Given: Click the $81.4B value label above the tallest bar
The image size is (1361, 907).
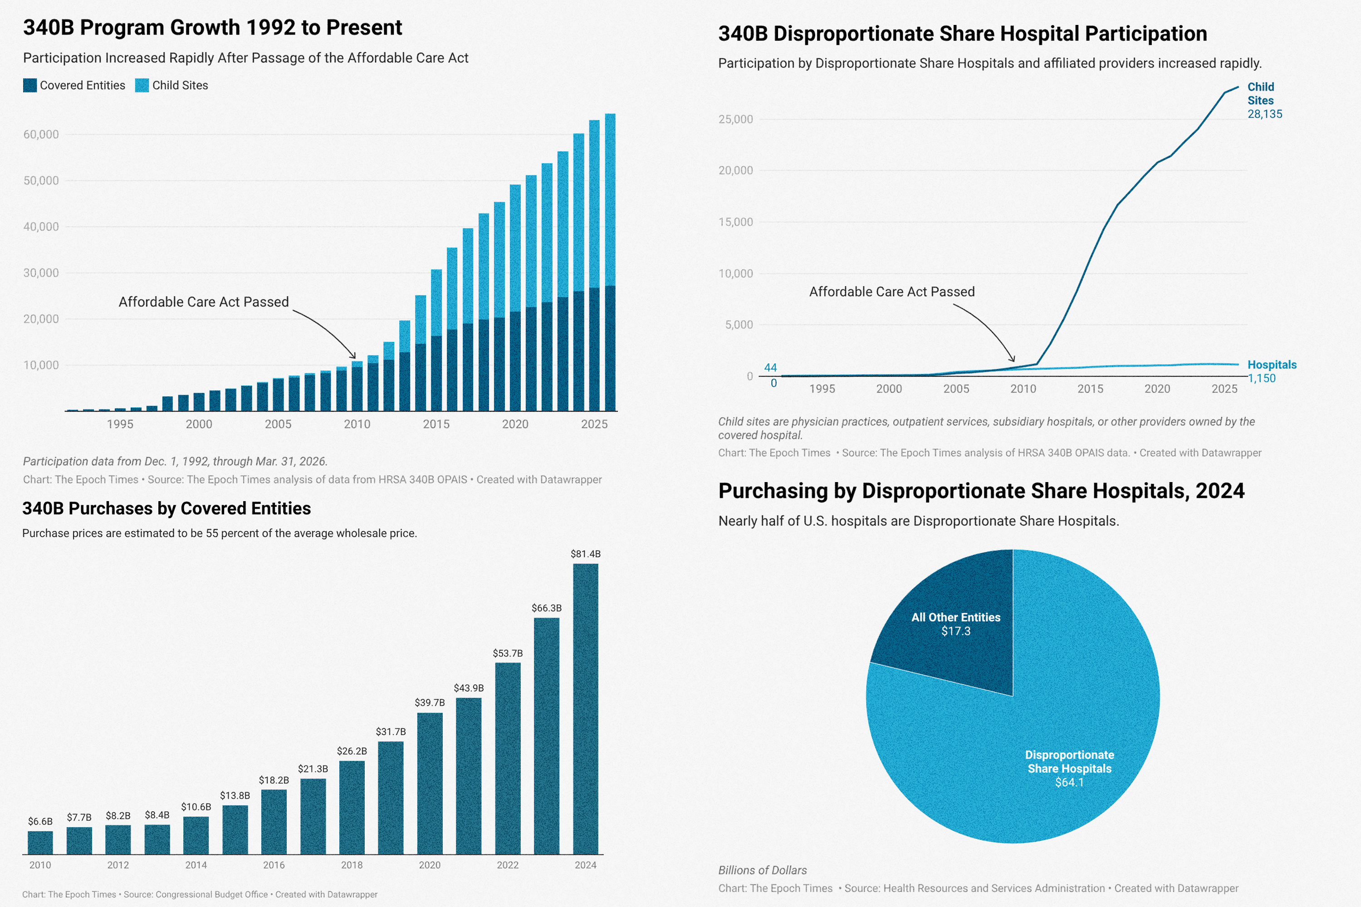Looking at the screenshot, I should (x=585, y=554).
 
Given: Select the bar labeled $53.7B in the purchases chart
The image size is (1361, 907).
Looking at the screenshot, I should (x=508, y=758).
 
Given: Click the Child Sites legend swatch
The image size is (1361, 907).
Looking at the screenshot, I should (x=142, y=86).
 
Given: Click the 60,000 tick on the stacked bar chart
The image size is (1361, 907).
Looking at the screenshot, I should (x=41, y=135).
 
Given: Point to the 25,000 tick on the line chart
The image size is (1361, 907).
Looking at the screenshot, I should (x=735, y=120).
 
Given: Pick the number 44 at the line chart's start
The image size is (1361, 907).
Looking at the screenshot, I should (x=770, y=368).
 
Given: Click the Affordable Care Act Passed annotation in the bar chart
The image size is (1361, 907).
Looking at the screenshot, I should (x=204, y=302).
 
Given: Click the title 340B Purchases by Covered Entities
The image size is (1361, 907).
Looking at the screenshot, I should (x=166, y=508).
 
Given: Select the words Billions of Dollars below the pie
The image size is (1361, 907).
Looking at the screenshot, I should (x=762, y=870).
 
